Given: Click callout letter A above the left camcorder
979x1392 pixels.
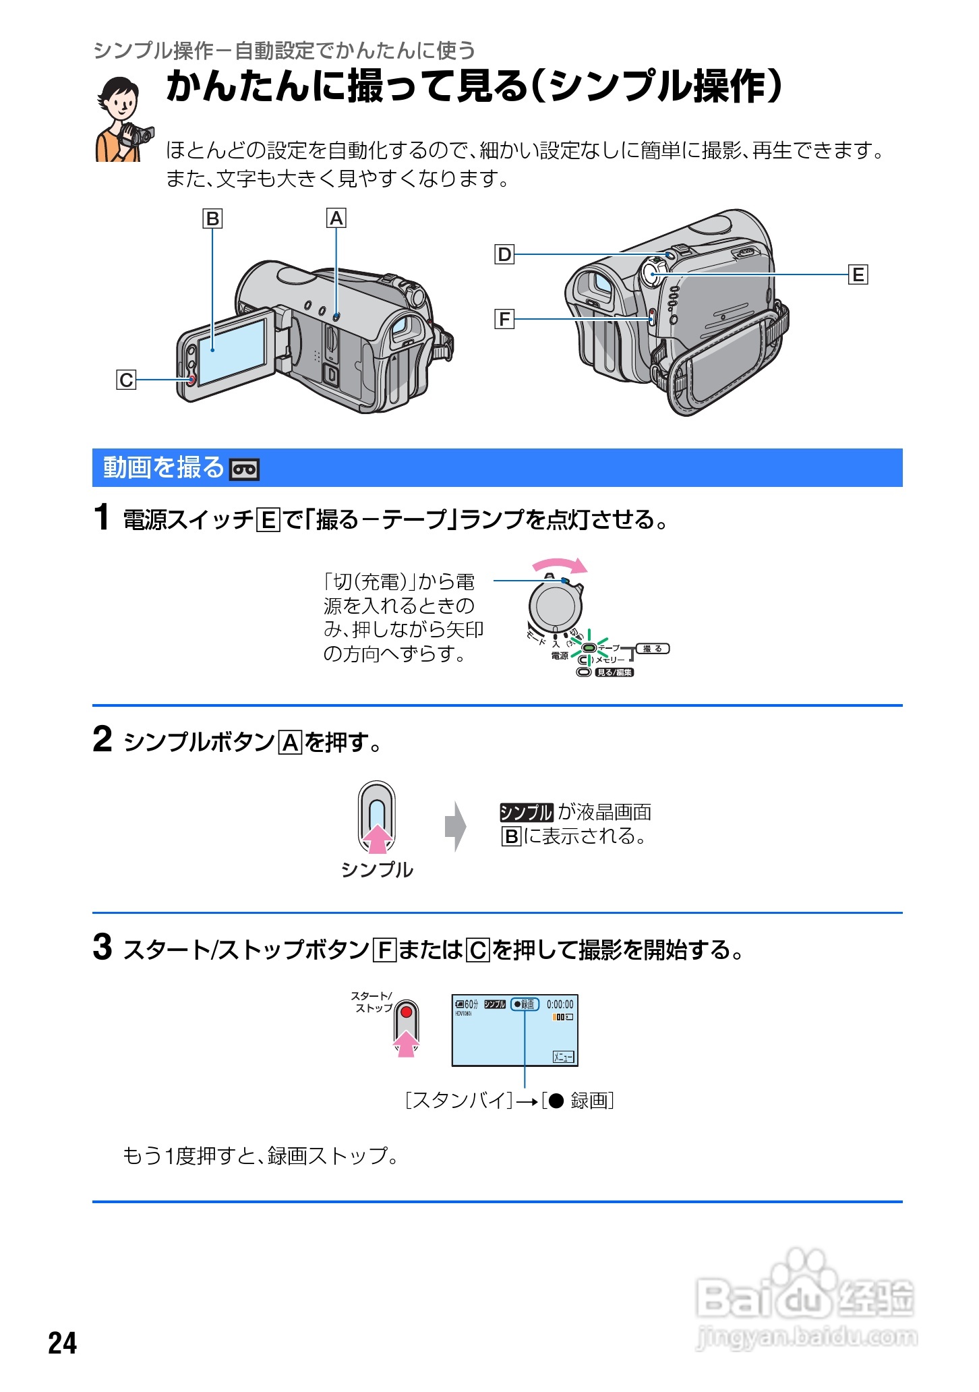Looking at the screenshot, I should point(336,219).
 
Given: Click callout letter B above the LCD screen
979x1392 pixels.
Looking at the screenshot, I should point(212,219).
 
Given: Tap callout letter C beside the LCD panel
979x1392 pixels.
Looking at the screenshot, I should point(126,380).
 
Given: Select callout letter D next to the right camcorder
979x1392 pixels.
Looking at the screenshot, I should point(504,255).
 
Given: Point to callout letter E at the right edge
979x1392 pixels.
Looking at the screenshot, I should point(858,275).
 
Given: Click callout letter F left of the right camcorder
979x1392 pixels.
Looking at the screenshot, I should point(504,319).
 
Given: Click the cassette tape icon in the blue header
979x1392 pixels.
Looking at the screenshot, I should point(244,469).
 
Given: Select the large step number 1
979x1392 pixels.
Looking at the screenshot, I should point(101,518).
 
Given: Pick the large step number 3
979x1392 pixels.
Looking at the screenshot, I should point(102,947).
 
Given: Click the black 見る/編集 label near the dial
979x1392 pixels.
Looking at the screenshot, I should point(614,672).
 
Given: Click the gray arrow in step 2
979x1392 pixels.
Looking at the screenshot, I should point(456,826).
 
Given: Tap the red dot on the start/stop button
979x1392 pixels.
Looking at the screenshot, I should point(406,1012).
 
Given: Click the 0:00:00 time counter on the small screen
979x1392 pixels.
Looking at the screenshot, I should point(560,1004).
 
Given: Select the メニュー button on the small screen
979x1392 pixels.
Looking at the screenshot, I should point(563,1057).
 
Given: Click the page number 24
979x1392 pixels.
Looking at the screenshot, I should point(63,1343).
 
